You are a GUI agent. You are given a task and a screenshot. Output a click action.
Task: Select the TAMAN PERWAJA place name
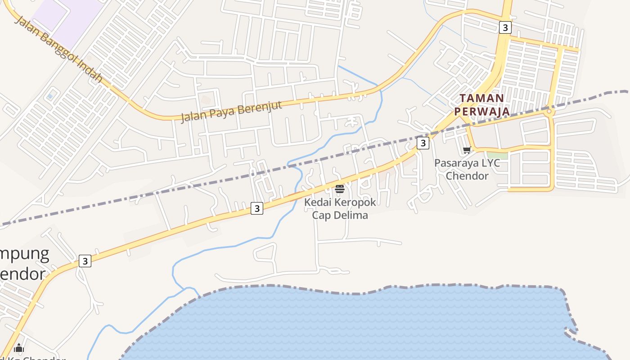pos(481,104)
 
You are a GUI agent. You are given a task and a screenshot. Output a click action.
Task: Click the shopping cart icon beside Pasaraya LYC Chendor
pos(467,150)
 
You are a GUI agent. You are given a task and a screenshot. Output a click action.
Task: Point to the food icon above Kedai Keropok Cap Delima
pos(340,189)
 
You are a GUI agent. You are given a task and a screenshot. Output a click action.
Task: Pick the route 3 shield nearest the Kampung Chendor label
pos(85,261)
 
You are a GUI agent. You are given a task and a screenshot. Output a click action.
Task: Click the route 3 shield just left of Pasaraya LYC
pos(423,143)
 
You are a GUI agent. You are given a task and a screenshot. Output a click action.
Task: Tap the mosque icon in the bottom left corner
pos(19,348)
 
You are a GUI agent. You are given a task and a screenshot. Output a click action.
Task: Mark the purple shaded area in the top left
pos(67,13)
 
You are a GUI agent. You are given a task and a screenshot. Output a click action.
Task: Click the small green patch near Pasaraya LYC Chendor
pos(497,155)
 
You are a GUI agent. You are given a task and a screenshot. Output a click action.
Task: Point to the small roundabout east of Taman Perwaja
pos(549,110)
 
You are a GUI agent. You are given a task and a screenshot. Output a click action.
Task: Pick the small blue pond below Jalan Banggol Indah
pos(50,96)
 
